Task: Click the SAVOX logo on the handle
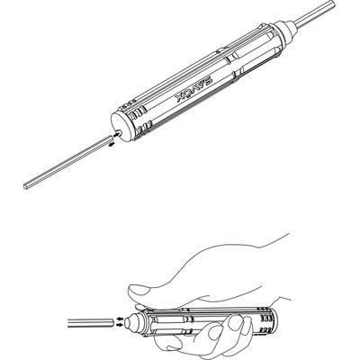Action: click(x=193, y=90)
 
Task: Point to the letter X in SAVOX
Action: click(x=180, y=98)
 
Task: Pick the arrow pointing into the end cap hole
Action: click(x=116, y=135)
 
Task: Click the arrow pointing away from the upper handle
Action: click(x=112, y=145)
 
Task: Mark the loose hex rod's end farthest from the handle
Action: click(x=25, y=186)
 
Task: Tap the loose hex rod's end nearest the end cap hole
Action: click(x=110, y=138)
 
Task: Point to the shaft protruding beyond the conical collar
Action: click(x=314, y=13)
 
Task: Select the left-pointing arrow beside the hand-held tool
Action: click(x=120, y=319)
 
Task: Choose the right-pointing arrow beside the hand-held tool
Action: click(x=120, y=325)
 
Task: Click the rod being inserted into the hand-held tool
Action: click(x=91, y=323)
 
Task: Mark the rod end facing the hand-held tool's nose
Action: click(x=112, y=323)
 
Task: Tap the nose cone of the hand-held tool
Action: click(x=134, y=322)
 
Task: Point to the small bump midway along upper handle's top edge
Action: click(x=220, y=49)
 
